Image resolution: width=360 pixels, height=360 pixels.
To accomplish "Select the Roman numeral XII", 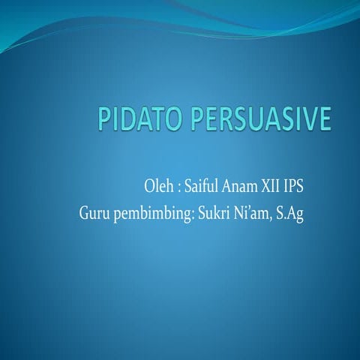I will [278, 185].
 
